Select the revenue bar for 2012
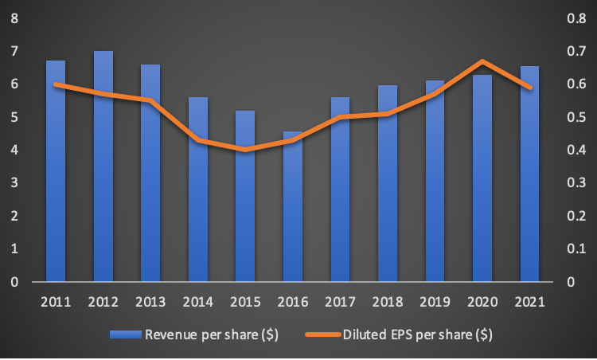click(x=103, y=167)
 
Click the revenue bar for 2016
click(x=293, y=207)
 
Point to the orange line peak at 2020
click(x=482, y=61)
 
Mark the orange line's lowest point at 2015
click(x=245, y=150)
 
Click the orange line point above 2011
click(x=56, y=84)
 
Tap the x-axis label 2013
click(x=150, y=303)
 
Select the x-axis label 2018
click(x=387, y=303)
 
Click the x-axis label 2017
click(x=340, y=303)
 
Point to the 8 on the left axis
click(x=14, y=18)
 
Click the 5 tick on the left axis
click(x=14, y=117)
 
